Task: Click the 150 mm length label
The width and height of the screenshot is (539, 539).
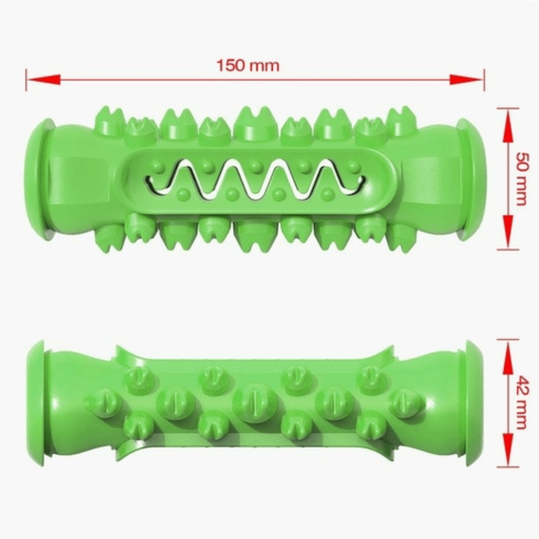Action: click(x=248, y=66)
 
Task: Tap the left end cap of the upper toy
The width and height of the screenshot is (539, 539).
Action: click(x=38, y=178)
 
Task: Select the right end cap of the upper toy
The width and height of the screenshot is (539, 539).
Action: click(x=472, y=178)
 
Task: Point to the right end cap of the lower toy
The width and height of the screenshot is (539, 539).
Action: click(x=472, y=403)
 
